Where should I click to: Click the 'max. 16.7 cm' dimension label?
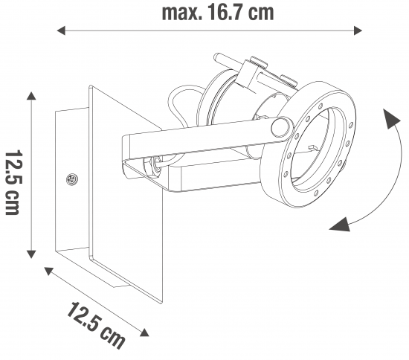point(218,13)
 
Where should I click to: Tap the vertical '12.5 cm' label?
point(13,182)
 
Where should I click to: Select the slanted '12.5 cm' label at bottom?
point(95,325)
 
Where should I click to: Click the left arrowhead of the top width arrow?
point(61,30)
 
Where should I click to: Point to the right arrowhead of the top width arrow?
point(358,30)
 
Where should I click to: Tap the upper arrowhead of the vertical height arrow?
point(31,96)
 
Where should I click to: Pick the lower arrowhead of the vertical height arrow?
point(31,254)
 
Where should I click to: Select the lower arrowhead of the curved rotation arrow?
point(340,225)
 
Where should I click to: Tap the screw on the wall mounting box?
point(72,179)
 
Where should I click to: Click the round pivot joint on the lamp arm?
point(280,128)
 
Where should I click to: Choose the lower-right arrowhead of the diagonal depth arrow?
point(144,332)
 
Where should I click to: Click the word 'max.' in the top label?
point(182,13)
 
